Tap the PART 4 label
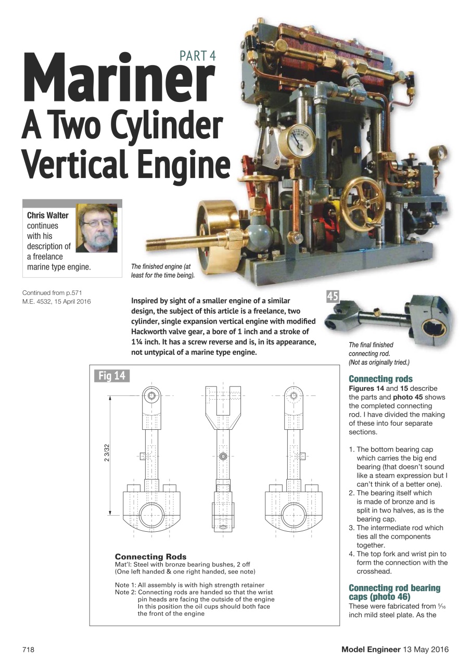pyautogui.click(x=197, y=56)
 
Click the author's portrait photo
pyautogui.click(x=97, y=228)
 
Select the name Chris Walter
pyautogui.click(x=48, y=215)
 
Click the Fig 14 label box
pyautogui.click(x=112, y=375)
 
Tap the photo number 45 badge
pyautogui.click(x=332, y=297)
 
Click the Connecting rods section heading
pyautogui.click(x=380, y=379)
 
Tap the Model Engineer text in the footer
pyautogui.click(x=371, y=649)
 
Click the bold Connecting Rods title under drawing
pyautogui.click(x=150, y=557)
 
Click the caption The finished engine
pyautogui.click(x=162, y=271)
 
